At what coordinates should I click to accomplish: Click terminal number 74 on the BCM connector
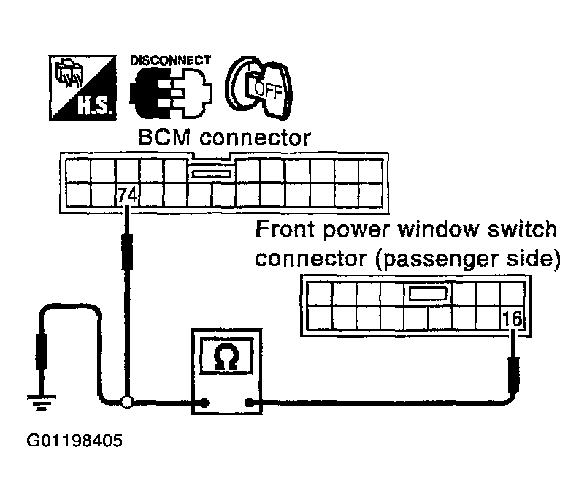[126, 196]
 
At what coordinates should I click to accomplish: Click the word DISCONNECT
[171, 60]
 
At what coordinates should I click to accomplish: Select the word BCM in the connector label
[160, 137]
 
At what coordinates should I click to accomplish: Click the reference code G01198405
[74, 441]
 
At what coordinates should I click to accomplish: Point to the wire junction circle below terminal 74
[127, 402]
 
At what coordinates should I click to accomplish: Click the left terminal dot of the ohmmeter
[205, 402]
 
